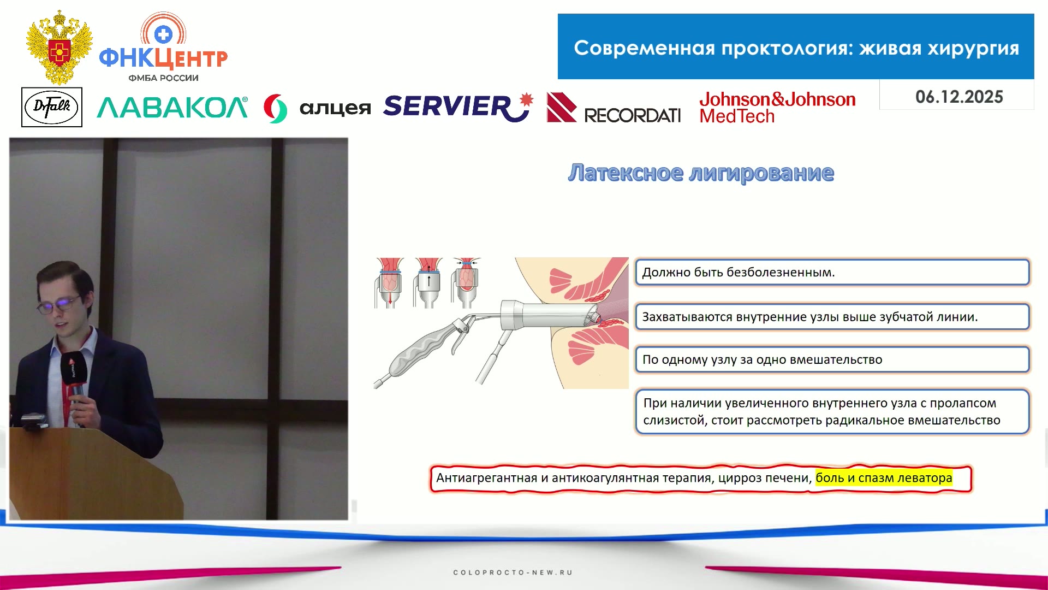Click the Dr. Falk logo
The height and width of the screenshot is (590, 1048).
tap(52, 107)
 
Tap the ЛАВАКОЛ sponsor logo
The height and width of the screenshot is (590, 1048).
tap(172, 108)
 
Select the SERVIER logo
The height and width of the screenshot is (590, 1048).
tap(457, 107)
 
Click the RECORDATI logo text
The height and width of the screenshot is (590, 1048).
tap(632, 115)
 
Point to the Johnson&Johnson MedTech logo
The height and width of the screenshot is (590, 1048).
tap(777, 107)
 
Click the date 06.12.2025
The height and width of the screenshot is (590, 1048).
tap(959, 97)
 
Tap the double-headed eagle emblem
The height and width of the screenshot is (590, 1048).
tap(59, 47)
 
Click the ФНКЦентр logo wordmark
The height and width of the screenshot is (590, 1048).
tap(163, 57)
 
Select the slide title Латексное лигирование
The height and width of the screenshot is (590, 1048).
tap(701, 173)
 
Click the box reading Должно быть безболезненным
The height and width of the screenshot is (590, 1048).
tap(832, 272)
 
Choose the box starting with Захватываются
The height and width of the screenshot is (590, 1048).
tap(832, 317)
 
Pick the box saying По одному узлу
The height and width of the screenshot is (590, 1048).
tap(832, 359)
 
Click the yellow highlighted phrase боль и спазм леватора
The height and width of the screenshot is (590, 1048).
tap(884, 478)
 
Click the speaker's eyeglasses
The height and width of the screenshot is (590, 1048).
tap(59, 305)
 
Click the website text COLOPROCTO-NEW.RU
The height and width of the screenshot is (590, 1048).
tap(513, 573)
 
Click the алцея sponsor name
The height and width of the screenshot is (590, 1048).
tap(335, 108)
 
